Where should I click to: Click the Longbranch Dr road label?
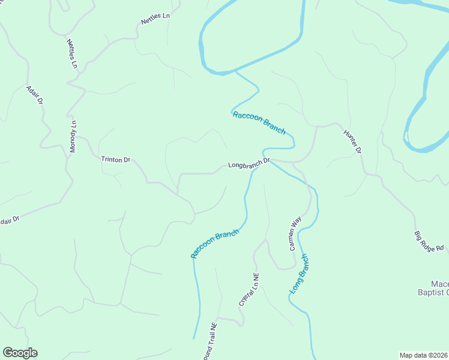coord(250,163)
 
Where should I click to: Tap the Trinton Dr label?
coord(115,159)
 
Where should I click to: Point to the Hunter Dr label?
coord(352,142)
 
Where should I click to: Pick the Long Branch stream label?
coord(299,274)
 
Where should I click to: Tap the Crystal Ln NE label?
coord(249,290)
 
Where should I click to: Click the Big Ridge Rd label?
coord(429,240)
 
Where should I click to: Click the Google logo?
coord(20,353)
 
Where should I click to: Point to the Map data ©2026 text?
coord(423,355)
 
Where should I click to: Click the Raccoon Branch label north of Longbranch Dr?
coord(259,123)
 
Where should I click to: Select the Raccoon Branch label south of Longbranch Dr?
coord(215,244)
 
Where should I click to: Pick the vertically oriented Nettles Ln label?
coord(72,54)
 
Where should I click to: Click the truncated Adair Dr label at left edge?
coord(9,221)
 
